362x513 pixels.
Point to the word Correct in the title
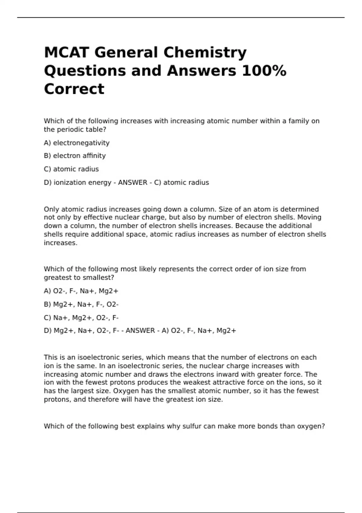click(74, 89)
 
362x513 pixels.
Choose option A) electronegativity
click(77, 143)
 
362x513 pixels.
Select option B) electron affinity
click(75, 156)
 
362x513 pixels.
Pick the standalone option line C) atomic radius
click(71, 169)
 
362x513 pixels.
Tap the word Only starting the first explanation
click(52, 209)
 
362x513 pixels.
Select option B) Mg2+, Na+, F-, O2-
click(81, 304)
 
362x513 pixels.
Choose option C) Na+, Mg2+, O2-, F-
click(81, 317)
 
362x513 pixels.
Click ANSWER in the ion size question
click(140, 331)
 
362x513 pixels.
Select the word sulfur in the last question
click(192, 426)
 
